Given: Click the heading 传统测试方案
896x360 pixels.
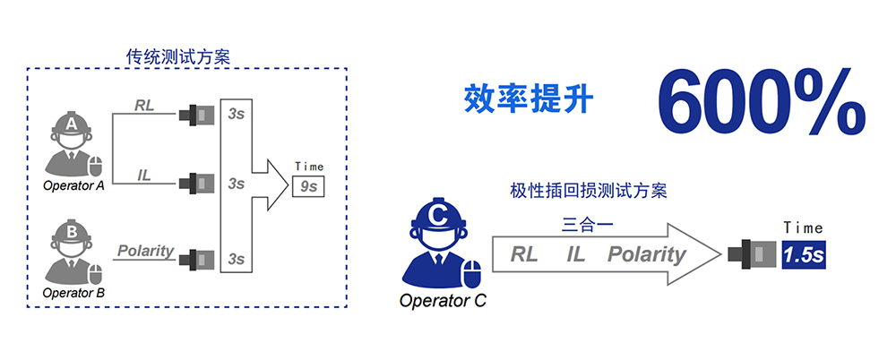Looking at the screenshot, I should [x=178, y=56].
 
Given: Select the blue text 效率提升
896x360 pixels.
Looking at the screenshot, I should [x=528, y=98].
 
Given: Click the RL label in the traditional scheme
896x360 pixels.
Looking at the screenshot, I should [x=144, y=106].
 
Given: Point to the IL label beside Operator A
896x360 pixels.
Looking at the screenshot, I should [x=144, y=175].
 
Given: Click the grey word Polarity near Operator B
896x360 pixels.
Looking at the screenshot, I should [x=145, y=251].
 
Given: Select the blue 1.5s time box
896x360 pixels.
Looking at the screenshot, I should [x=802, y=255].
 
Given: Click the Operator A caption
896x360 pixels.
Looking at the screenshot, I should [x=73, y=186].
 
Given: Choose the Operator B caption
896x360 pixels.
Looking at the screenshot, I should [x=73, y=292].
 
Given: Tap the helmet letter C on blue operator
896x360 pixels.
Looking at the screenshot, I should [x=438, y=215].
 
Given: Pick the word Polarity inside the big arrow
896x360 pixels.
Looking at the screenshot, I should [x=646, y=254].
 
